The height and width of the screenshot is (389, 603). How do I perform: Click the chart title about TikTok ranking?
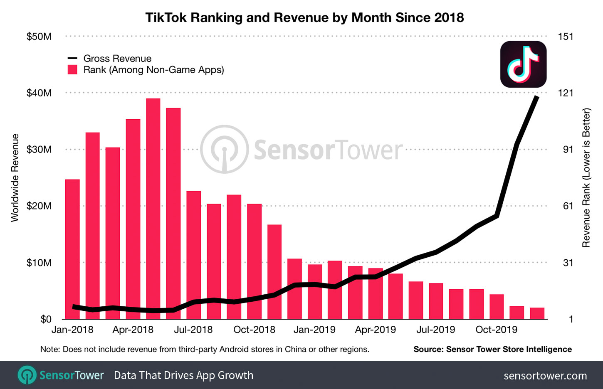click(304, 17)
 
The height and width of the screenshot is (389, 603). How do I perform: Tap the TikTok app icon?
click(523, 64)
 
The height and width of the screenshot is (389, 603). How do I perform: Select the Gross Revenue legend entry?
click(117, 59)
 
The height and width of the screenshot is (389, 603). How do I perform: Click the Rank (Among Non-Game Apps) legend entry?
click(153, 70)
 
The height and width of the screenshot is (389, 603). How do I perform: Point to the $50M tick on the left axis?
click(39, 37)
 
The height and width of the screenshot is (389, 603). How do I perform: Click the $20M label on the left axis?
click(39, 206)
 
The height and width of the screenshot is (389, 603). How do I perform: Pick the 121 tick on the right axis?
click(565, 93)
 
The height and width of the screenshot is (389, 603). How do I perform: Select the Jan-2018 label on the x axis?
click(72, 330)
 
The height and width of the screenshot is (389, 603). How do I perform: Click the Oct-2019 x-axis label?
click(496, 330)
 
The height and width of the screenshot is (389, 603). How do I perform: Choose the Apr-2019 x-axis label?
click(375, 330)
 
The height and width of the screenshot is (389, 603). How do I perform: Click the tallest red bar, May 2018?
click(153, 208)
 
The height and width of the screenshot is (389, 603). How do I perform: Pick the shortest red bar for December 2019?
click(537, 313)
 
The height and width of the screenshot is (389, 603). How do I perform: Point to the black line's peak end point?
click(537, 97)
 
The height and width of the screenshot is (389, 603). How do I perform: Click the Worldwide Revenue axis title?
click(15, 178)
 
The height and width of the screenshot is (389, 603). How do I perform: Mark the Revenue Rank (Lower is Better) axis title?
click(586, 178)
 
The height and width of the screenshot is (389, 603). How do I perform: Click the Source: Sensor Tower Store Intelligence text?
click(492, 350)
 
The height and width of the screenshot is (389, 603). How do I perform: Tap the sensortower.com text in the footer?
click(545, 376)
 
